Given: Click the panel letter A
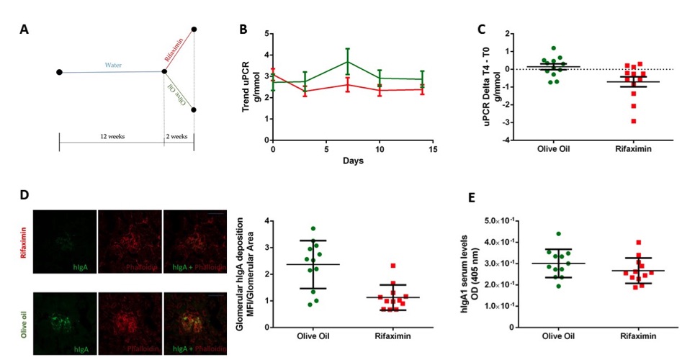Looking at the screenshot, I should coord(25,30).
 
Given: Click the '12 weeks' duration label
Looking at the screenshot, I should coord(111,136).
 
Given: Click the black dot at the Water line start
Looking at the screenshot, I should coord(59,72).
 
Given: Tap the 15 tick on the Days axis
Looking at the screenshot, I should coord(433,148).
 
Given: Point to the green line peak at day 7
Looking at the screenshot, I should coord(348,62).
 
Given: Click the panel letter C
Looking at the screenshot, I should coord(483,30).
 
